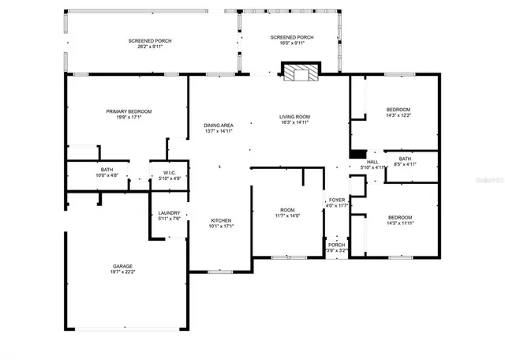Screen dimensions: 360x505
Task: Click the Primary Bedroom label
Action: (129, 111)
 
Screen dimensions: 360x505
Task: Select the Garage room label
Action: (122, 266)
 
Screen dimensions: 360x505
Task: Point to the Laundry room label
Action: (169, 213)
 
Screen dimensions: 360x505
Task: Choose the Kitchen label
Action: (220, 219)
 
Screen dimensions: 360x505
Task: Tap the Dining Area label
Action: (218, 125)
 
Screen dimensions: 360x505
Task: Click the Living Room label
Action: (294, 116)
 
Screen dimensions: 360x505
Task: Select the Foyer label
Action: (337, 200)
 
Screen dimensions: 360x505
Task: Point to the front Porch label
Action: (336, 245)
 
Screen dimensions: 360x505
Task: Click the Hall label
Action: (372, 161)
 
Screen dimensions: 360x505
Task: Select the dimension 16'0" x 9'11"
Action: (292, 43)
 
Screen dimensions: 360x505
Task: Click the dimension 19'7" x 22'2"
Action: (122, 272)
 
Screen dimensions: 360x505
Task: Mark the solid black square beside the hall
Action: (357, 153)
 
